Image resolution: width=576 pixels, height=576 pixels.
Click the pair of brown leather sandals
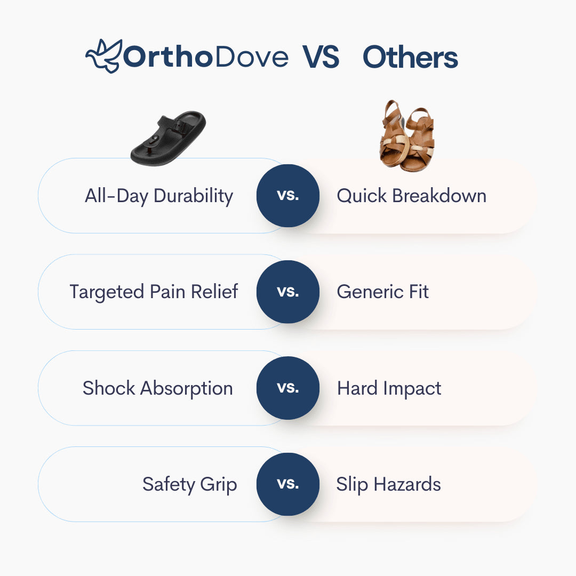tap(407, 137)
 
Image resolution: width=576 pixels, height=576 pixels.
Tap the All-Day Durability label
tap(159, 196)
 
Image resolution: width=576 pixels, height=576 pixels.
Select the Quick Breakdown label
tap(411, 196)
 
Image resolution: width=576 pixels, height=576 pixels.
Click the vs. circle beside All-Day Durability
tap(288, 196)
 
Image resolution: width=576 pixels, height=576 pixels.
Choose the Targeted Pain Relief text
tap(154, 292)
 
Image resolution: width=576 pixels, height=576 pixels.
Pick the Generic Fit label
tap(382, 292)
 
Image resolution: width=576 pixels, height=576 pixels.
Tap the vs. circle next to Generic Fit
tap(288, 292)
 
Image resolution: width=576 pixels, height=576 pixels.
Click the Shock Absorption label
tap(157, 388)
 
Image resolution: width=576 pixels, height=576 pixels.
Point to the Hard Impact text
tap(389, 388)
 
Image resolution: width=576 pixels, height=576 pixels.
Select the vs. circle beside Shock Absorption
tap(288, 388)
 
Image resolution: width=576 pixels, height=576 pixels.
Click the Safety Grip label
tap(189, 484)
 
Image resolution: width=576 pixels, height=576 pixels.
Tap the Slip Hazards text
tap(388, 484)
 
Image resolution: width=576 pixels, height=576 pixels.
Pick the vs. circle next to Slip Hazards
tap(288, 484)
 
